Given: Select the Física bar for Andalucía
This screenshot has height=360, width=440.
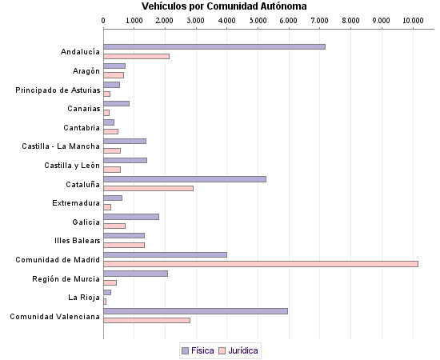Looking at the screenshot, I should click(214, 46).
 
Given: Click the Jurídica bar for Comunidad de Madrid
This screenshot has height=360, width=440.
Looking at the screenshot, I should click(261, 263).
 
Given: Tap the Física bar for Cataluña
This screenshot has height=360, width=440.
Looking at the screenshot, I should click(185, 178).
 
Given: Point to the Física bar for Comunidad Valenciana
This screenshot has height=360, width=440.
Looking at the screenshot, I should click(195, 311).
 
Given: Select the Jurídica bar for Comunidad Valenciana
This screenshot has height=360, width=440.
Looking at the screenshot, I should click(147, 320).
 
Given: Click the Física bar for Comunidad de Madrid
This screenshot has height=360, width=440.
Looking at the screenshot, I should click(166, 254).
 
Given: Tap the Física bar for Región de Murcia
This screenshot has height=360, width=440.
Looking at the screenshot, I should click(136, 274).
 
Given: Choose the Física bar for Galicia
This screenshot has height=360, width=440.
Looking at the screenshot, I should click(131, 216).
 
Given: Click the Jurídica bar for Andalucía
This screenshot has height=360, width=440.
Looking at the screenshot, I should click(137, 56).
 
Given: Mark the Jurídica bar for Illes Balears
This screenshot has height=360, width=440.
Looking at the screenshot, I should click(124, 245).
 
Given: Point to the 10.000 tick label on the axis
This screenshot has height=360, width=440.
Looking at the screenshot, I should click(413, 19).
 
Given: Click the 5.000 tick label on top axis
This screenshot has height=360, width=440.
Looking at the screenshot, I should click(258, 19).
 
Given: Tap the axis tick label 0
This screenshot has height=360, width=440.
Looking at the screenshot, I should click(104, 19).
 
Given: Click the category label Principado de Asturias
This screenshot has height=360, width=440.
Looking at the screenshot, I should click(58, 90).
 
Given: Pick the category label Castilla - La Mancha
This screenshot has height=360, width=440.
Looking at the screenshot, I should click(61, 146).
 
